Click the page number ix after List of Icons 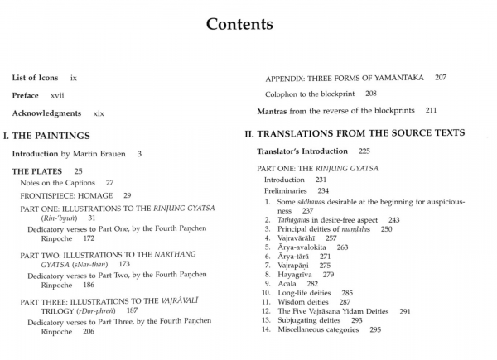74,77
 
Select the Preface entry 26,95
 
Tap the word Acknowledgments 46,113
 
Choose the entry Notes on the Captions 62,182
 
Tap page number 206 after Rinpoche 83,331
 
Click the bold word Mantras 273,110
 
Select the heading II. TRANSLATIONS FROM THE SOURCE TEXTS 354,132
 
